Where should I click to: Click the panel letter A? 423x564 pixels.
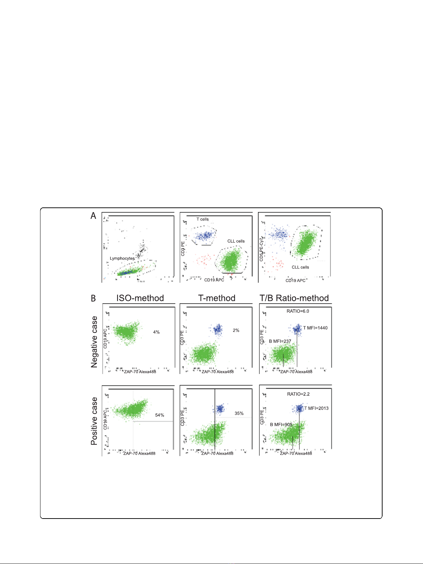(x=93, y=216)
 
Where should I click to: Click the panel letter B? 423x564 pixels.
(x=93, y=298)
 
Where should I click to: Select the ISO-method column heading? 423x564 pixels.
(x=140, y=298)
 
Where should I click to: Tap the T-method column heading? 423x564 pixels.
(x=217, y=298)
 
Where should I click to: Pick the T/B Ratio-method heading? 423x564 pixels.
(x=294, y=298)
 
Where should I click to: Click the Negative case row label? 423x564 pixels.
(x=94, y=342)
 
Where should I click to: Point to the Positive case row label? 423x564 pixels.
(x=94, y=421)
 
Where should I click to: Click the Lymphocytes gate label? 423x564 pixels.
(x=122, y=258)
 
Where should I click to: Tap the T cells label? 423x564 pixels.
(x=203, y=219)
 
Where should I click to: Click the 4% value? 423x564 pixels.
(x=156, y=332)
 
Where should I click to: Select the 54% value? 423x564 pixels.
(x=160, y=415)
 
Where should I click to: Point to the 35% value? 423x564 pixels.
(x=239, y=413)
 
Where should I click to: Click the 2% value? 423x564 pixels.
(x=236, y=330)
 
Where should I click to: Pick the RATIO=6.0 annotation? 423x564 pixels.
(x=298, y=311)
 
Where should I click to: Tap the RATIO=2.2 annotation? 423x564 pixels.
(x=298, y=394)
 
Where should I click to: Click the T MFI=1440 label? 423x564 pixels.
(x=315, y=328)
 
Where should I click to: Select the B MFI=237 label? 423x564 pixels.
(x=280, y=341)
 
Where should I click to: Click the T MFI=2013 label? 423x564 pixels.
(x=317, y=408)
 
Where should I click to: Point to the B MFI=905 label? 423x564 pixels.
(x=281, y=424)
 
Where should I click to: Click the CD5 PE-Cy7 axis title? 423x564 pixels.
(x=262, y=249)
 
